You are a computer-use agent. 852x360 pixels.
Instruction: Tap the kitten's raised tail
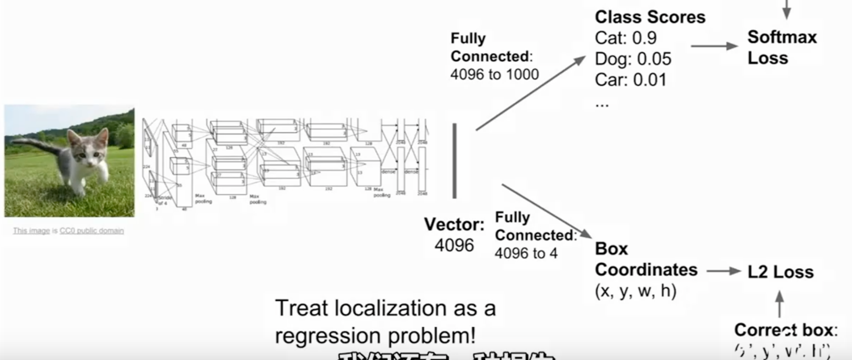coord(37,143)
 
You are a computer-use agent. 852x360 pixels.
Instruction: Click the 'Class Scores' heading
coord(650,17)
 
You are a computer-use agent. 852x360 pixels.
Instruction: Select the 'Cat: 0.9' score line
coord(625,38)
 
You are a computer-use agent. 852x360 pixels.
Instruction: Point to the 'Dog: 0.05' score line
coord(633,59)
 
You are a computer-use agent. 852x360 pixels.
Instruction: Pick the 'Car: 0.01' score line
coord(630,80)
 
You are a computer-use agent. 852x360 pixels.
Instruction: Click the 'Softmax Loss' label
coord(781,47)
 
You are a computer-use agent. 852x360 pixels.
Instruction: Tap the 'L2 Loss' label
coord(780,272)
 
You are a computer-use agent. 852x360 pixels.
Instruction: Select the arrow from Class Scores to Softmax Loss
coord(714,46)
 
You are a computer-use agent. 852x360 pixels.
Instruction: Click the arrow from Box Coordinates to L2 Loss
coord(723,271)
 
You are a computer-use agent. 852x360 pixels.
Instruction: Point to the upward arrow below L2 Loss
coord(779,303)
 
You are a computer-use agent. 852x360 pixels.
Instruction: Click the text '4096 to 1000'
coord(494,74)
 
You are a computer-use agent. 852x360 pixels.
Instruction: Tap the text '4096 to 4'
coord(526,253)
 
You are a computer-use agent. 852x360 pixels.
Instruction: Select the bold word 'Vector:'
coord(454,225)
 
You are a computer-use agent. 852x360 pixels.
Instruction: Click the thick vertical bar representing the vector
coord(455,160)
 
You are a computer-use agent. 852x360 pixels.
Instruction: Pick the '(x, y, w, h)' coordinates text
coord(636,291)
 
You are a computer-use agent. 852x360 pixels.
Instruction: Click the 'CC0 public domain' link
coord(91,230)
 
